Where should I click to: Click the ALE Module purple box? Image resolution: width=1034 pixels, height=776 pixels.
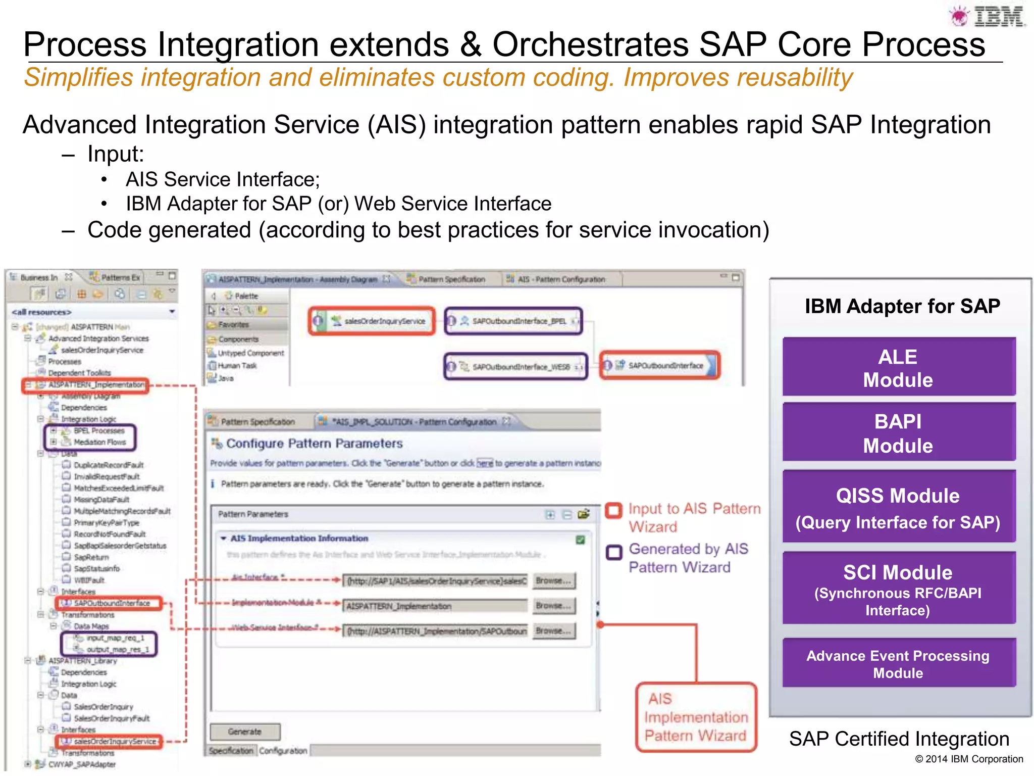point(898,368)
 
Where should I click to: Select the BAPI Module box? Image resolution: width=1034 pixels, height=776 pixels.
point(898,433)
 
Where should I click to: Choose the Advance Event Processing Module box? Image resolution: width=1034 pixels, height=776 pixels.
point(898,664)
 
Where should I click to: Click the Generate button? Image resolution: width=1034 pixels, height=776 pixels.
point(245,732)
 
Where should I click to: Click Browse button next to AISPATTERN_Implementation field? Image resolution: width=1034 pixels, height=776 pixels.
point(553,606)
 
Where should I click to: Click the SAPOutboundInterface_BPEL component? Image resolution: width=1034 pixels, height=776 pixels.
point(513,321)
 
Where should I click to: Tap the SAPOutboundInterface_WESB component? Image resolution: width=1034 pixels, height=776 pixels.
point(515,367)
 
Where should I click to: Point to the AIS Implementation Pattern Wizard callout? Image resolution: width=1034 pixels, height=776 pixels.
point(695,717)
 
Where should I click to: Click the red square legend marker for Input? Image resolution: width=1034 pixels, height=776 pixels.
point(614,510)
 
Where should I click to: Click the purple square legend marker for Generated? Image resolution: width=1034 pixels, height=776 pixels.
point(614,552)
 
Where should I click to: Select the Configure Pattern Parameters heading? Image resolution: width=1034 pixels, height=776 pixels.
point(314,444)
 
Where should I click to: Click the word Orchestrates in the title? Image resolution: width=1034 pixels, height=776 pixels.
point(590,44)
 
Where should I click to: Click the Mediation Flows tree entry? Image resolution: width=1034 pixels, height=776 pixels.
point(99,442)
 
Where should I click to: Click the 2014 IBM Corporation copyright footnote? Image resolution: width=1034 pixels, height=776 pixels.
point(969,759)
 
